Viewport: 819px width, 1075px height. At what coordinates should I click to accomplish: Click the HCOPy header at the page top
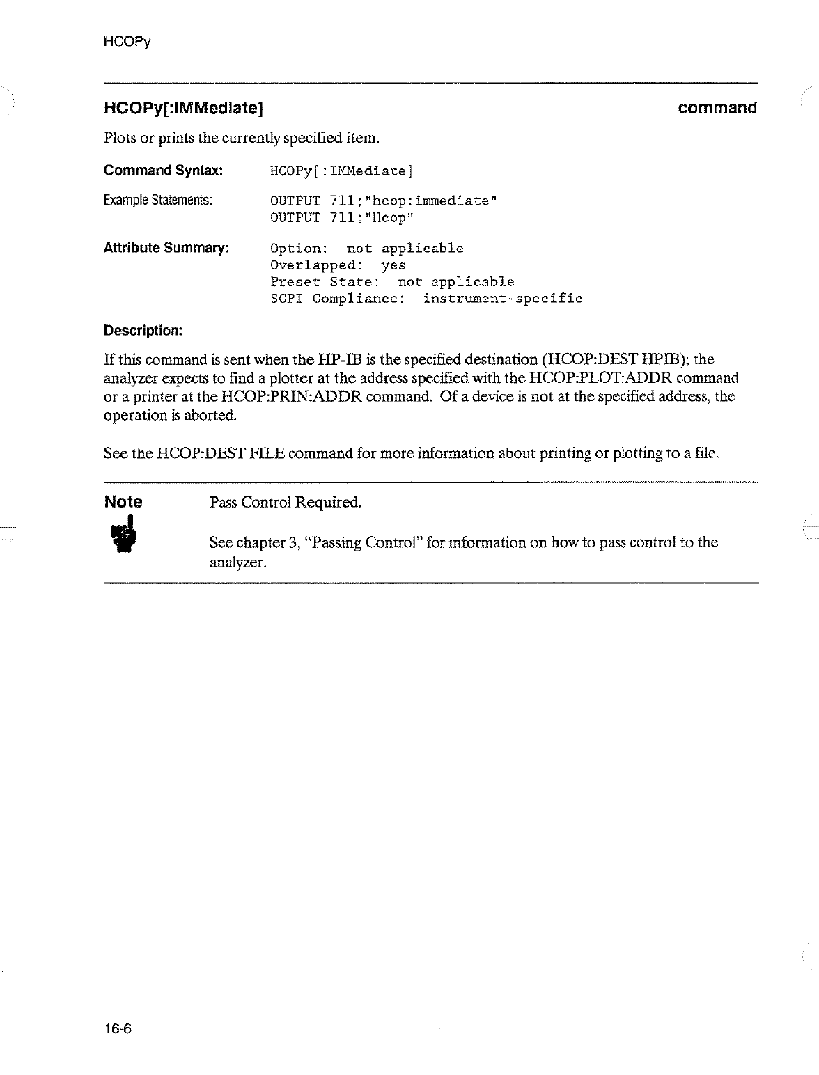point(126,42)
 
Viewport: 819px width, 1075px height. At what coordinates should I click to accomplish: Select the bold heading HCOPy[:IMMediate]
point(182,108)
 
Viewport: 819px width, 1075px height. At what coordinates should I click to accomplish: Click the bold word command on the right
point(717,108)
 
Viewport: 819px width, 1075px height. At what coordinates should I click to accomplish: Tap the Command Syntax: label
point(163,171)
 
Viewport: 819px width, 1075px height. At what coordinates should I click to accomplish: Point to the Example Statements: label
point(157,201)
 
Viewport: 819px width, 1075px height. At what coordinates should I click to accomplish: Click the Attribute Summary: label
point(166,248)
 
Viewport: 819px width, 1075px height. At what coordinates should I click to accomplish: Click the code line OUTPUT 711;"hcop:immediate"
point(383,201)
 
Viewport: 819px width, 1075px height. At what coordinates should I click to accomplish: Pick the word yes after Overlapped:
point(393,265)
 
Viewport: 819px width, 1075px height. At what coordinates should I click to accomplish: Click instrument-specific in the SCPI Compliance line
point(502,299)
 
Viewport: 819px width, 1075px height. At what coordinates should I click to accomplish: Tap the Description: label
point(143,330)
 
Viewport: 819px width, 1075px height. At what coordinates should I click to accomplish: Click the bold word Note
point(123,501)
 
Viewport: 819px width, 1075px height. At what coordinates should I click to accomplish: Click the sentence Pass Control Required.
point(286,502)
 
